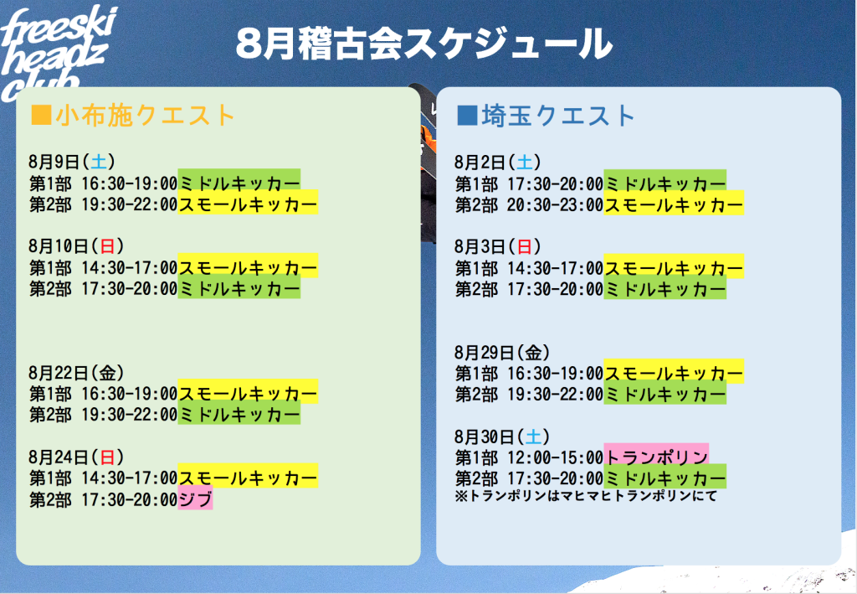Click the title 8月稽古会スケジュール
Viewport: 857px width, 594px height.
pos(424,44)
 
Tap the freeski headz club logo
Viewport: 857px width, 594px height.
pos(58,52)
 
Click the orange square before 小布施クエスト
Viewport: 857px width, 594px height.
pos(42,115)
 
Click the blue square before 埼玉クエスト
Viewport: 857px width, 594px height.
pos(467,116)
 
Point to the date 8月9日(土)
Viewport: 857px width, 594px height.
pos(72,162)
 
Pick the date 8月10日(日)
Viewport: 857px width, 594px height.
pos(76,245)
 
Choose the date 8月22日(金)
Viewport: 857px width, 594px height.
pos(76,373)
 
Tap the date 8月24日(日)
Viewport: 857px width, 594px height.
pos(76,457)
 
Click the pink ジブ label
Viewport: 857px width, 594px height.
pos(195,498)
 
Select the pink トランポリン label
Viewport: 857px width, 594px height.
pos(656,456)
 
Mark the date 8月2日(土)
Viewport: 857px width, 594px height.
pos(497,162)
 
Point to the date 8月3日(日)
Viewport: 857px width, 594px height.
pos(497,246)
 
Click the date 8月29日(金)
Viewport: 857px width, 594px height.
pos(502,352)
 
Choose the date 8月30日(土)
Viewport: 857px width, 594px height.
pos(502,436)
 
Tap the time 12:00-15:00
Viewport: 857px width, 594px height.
pos(556,457)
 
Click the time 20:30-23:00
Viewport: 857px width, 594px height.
pos(556,204)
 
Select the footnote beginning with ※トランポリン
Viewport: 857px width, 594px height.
pos(585,496)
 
